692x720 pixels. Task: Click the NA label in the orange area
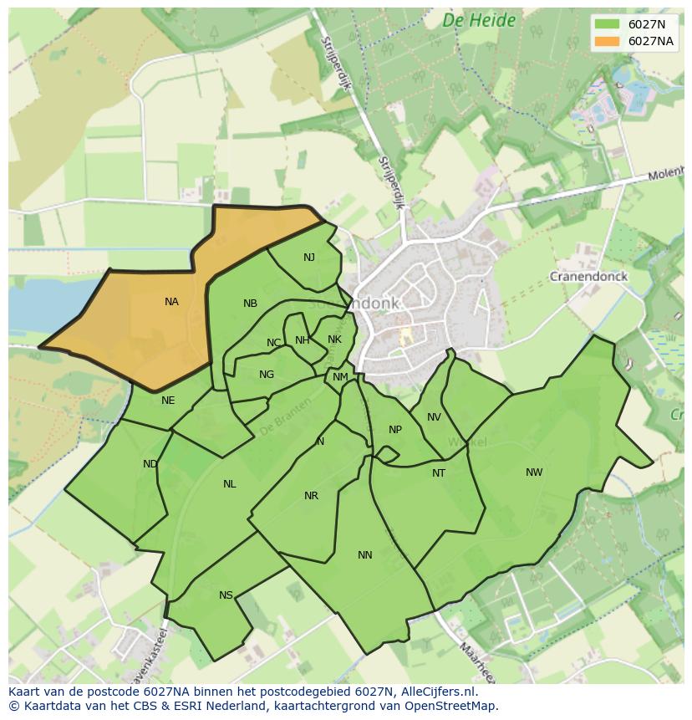(171, 302)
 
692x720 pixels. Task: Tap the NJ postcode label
(309, 258)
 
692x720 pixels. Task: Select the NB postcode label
(250, 304)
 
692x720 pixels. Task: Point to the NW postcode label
(534, 472)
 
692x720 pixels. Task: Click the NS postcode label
(226, 595)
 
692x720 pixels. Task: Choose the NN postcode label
(365, 555)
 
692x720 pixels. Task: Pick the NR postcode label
(311, 496)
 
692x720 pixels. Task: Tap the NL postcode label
(230, 484)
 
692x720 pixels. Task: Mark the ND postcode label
(150, 464)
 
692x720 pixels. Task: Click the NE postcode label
(168, 401)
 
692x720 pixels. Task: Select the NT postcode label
(439, 473)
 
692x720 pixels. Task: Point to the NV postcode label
(434, 417)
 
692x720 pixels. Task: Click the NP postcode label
(395, 430)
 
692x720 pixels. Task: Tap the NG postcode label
(267, 375)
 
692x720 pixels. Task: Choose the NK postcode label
(334, 340)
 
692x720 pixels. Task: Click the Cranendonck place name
(588, 276)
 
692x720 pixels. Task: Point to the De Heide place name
(479, 21)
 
